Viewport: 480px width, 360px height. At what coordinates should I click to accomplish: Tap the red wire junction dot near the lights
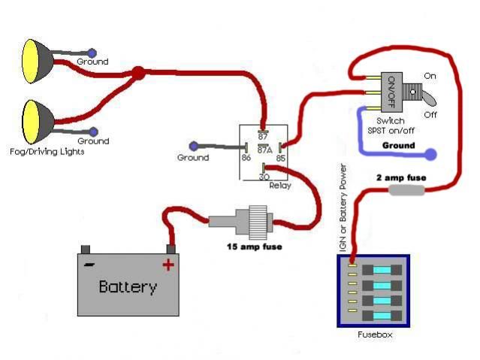(138, 74)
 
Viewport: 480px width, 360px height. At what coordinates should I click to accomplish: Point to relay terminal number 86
(246, 159)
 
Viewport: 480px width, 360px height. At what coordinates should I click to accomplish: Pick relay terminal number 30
(264, 176)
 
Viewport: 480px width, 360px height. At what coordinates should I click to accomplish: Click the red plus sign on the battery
(168, 264)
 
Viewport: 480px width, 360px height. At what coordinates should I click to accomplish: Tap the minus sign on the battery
(89, 264)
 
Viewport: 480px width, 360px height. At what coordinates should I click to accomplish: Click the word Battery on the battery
(128, 286)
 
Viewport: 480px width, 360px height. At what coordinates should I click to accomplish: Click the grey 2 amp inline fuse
(406, 191)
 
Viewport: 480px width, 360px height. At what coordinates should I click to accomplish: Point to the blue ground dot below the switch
(430, 156)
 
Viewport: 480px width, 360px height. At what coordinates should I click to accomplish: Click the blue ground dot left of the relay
(194, 145)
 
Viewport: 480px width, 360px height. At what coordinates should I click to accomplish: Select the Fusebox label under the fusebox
(376, 334)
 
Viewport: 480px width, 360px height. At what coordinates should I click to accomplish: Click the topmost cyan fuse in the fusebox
(382, 269)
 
